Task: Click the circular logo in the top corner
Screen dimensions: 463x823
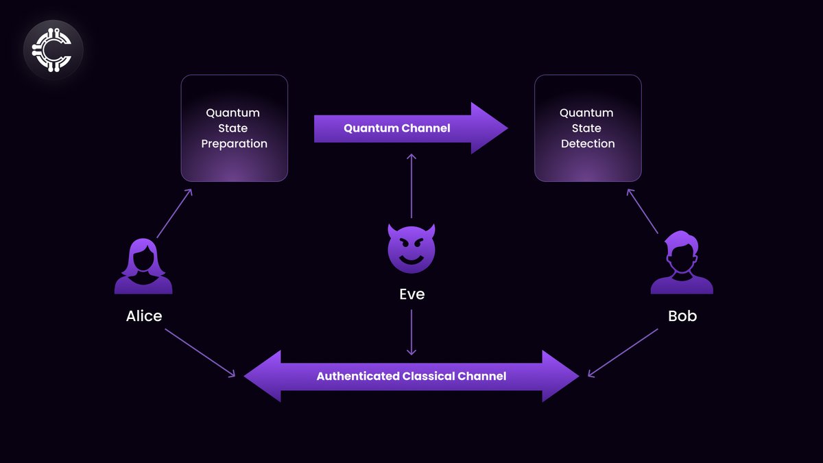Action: (x=53, y=50)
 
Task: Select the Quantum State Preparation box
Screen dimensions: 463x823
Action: (x=234, y=128)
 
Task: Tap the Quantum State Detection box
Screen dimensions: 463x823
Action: (x=588, y=128)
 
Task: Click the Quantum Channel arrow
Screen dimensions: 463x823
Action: (x=410, y=128)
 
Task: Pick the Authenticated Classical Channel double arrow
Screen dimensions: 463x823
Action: (x=411, y=376)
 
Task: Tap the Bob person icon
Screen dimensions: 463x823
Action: (x=682, y=263)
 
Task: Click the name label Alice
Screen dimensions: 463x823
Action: (x=144, y=316)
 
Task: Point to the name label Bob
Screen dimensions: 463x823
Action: (x=682, y=316)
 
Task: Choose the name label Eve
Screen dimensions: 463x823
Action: (x=411, y=294)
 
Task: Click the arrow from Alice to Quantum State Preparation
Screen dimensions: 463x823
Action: (x=174, y=213)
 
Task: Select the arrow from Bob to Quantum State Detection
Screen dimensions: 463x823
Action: (x=643, y=212)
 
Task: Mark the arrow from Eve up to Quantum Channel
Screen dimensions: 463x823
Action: (x=411, y=186)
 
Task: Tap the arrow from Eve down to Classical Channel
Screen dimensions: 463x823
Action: (x=411, y=332)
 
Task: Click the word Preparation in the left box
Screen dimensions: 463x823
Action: (x=234, y=144)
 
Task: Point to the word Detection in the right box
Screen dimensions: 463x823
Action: (x=588, y=144)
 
